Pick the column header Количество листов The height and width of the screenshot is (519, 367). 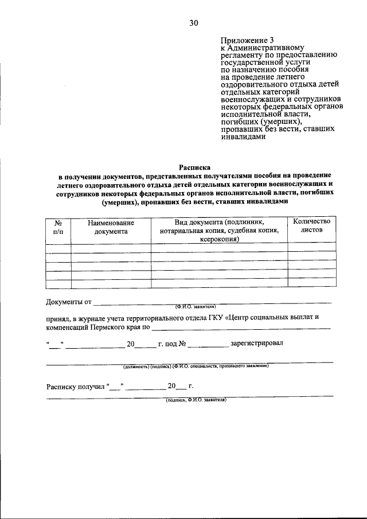[312, 225]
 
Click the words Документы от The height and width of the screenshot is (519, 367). [69, 302]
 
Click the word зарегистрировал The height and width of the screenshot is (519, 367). [256, 344]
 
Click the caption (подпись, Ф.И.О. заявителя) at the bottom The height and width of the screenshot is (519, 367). [196, 400]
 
